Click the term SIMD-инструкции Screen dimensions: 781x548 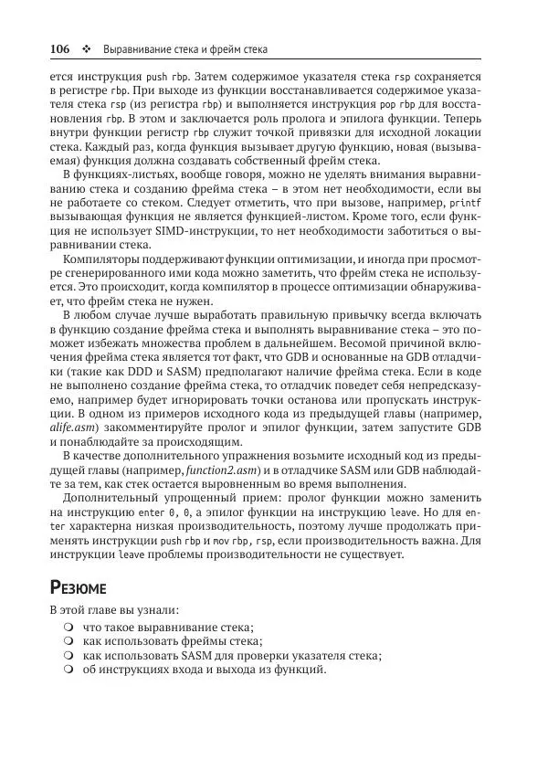coord(205,230)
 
